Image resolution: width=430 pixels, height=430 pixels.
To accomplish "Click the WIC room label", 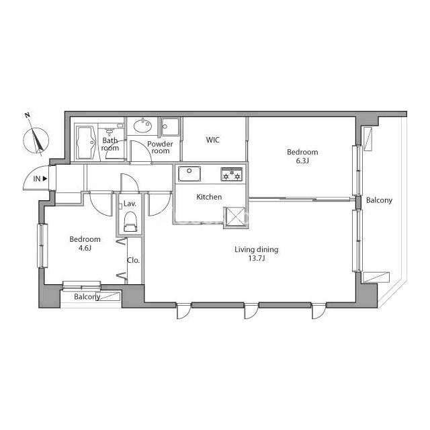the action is click(x=213, y=140).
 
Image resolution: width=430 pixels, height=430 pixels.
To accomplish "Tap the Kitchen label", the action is click(x=209, y=197).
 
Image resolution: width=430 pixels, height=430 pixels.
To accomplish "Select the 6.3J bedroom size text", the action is click(x=302, y=161).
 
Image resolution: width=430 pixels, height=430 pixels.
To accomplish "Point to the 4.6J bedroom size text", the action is click(x=85, y=248).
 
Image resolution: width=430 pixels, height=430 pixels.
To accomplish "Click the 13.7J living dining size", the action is click(x=257, y=258).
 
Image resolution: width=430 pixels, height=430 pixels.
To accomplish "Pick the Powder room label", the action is click(x=160, y=147).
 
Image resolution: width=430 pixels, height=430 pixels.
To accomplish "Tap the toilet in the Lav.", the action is click(x=130, y=222).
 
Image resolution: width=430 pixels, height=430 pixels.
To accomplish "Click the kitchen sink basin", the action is click(x=189, y=173).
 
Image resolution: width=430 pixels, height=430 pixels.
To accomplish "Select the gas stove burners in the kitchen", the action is click(x=232, y=174).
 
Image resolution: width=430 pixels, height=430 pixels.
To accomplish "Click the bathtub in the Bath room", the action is click(x=85, y=142).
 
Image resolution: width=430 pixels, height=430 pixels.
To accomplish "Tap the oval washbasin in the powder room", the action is click(x=142, y=126).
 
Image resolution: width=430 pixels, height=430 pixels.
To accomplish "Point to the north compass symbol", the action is click(x=36, y=138).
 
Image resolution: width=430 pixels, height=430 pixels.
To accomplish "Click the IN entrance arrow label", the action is click(x=40, y=179).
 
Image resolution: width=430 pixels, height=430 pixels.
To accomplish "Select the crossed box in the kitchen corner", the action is click(x=235, y=216).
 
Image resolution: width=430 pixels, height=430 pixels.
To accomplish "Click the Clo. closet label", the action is click(x=134, y=260).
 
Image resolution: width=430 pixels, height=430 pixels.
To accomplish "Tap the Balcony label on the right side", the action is click(x=379, y=200).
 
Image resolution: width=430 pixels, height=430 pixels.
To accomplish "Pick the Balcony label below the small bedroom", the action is click(x=87, y=297).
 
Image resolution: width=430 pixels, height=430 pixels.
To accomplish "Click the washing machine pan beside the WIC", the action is click(x=171, y=126).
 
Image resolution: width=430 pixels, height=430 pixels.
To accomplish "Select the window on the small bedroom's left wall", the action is click(x=42, y=246).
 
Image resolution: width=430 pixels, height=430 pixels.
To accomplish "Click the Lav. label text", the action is click(x=130, y=204).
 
